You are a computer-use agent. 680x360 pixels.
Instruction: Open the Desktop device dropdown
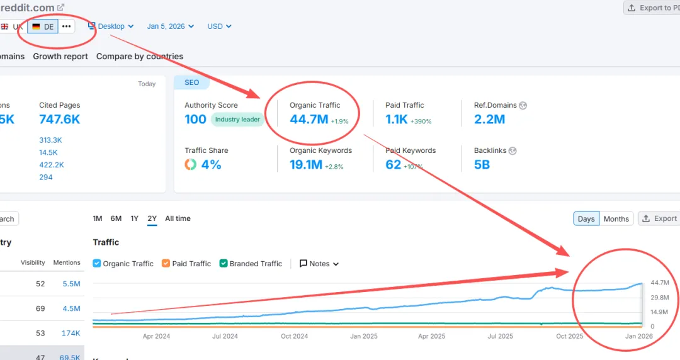pyautogui.click(x=111, y=26)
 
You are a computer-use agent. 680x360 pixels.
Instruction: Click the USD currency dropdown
pyautogui.click(x=219, y=26)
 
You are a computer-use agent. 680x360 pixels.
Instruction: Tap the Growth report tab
pyautogui.click(x=60, y=56)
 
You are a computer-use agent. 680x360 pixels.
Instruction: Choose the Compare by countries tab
pyautogui.click(x=140, y=56)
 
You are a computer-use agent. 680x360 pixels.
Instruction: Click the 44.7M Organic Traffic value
pyautogui.click(x=309, y=118)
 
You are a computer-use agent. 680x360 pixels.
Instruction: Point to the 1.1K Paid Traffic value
pyautogui.click(x=397, y=118)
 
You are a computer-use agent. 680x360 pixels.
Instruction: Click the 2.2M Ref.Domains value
pyautogui.click(x=489, y=118)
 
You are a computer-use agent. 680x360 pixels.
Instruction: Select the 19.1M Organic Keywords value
pyautogui.click(x=306, y=164)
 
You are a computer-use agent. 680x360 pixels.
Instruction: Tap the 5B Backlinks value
pyautogui.click(x=482, y=164)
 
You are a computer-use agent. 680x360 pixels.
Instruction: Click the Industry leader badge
pyautogui.click(x=237, y=120)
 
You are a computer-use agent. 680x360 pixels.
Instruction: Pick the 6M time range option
pyautogui.click(x=116, y=218)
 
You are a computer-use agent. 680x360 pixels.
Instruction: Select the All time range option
pyautogui.click(x=178, y=218)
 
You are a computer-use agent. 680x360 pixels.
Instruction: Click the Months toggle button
pyautogui.click(x=616, y=218)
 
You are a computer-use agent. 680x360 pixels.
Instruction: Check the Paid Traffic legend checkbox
pyautogui.click(x=166, y=264)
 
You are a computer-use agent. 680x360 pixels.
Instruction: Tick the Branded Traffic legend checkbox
pyautogui.click(x=224, y=264)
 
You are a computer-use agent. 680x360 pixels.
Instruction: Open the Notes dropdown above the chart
pyautogui.click(x=319, y=264)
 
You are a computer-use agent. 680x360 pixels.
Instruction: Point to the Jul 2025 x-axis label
pyautogui.click(x=501, y=336)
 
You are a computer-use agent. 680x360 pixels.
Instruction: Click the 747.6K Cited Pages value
pyautogui.click(x=60, y=119)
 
